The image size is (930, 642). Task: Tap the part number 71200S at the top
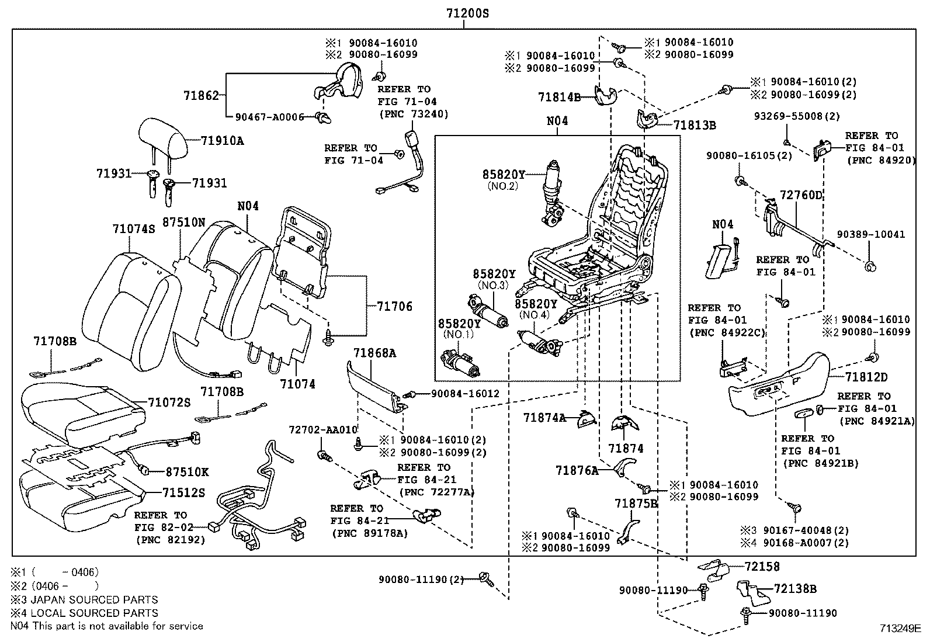point(464,13)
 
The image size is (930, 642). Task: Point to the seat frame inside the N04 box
point(608,234)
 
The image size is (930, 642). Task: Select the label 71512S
point(183,493)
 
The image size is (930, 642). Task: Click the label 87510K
point(187,471)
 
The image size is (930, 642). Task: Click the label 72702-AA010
point(322,429)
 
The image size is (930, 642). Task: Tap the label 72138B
point(795,589)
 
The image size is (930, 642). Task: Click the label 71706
point(394,306)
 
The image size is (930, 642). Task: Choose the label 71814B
point(560,97)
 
